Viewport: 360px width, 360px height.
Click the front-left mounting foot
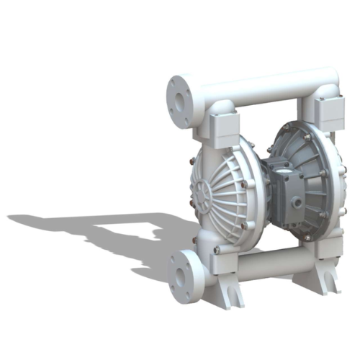(231, 295)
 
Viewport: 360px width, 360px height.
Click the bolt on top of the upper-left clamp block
(223, 104)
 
